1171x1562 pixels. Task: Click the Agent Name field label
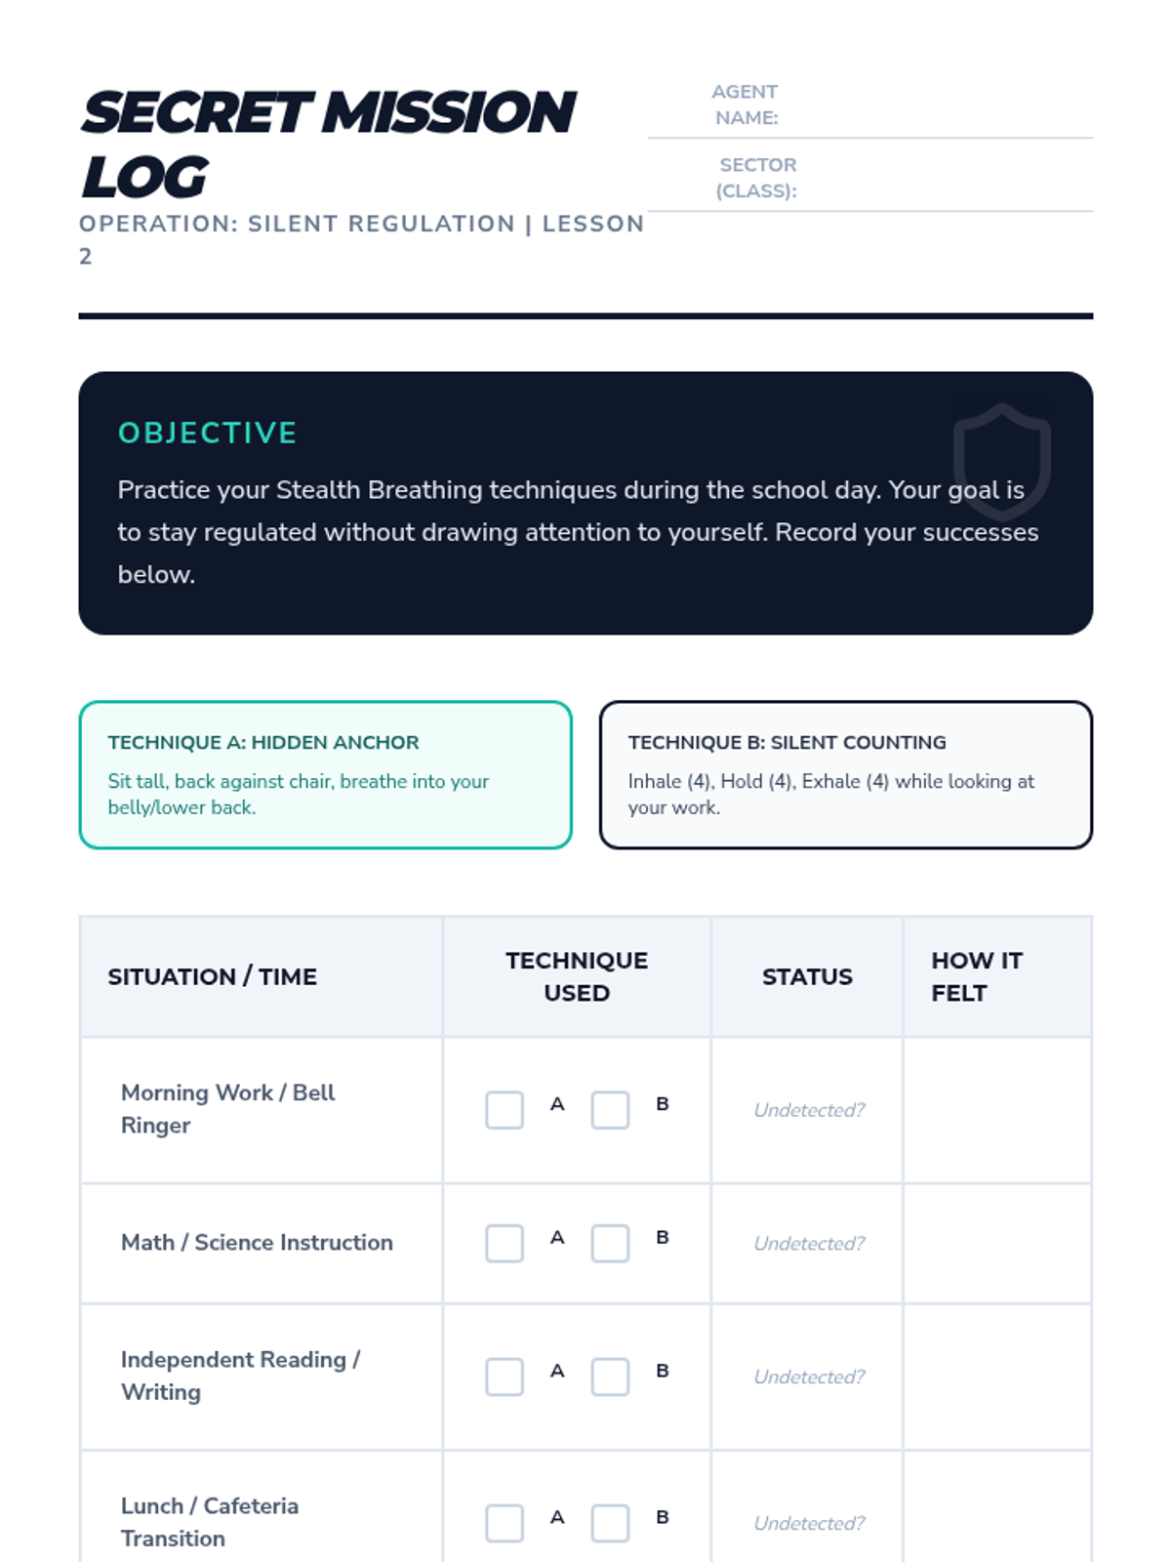[745, 104]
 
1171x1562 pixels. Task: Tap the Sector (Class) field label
[757, 178]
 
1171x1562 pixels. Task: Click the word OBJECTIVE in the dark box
[207, 432]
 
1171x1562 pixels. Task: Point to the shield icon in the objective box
[1001, 459]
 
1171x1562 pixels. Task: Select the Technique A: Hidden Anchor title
[263, 742]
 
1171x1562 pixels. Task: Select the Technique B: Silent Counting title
[787, 742]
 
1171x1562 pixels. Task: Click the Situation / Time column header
[212, 976]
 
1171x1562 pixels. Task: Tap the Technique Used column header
[577, 976]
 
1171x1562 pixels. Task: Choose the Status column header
[807, 976]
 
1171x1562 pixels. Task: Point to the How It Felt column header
[976, 976]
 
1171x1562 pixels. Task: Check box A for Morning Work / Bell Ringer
[505, 1110]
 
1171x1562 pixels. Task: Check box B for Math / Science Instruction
[610, 1244]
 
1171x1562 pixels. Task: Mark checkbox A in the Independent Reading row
[505, 1377]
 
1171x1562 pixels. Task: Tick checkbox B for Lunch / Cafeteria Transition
[610, 1523]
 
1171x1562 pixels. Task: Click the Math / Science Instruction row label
[257, 1242]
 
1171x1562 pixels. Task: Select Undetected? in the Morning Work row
[809, 1110]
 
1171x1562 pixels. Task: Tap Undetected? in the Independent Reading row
[809, 1377]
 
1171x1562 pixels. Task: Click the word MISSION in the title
[449, 112]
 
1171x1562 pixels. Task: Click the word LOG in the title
[144, 178]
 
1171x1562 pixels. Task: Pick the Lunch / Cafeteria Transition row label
[210, 1521]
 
